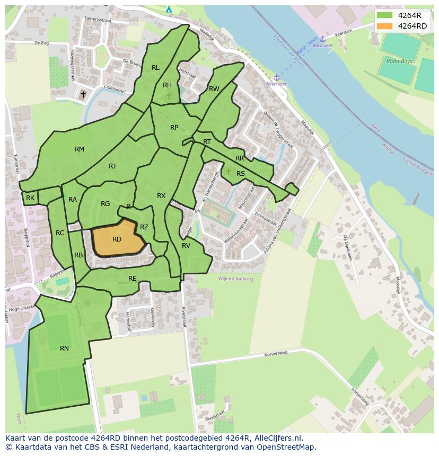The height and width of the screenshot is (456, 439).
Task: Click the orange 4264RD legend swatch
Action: (385, 26)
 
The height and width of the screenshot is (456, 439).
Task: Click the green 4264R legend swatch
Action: (385, 15)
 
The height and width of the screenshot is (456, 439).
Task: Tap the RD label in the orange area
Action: (117, 239)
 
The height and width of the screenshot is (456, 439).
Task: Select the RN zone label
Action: (64, 348)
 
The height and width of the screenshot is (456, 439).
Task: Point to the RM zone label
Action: (80, 149)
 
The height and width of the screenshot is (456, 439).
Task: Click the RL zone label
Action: (155, 68)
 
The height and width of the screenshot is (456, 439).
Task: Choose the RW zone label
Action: (214, 89)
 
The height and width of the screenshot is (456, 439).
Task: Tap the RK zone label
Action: (30, 198)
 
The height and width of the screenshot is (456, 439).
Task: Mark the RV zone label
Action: (186, 246)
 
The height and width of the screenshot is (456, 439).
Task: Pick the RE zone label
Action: (133, 279)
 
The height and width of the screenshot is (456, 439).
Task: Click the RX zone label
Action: (161, 196)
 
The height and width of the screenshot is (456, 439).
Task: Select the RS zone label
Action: (241, 174)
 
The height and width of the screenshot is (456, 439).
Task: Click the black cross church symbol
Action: (83, 95)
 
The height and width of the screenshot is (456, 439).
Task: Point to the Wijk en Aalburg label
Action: (235, 279)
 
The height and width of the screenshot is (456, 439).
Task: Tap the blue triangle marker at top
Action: (169, 9)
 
